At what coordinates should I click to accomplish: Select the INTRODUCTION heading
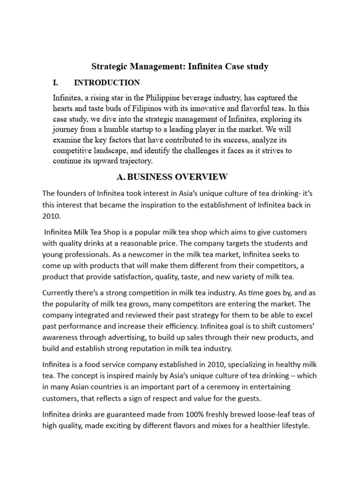[107, 83]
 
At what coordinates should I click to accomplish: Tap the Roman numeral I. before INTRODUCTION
[56, 83]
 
